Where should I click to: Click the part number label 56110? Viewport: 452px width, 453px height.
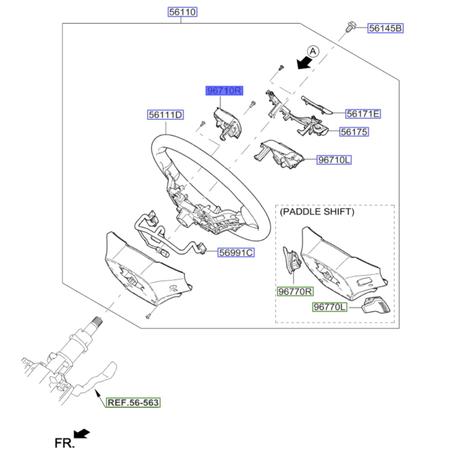[x=182, y=12]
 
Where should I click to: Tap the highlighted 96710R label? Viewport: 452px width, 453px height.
[x=224, y=91]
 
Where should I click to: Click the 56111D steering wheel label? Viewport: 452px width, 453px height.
[x=165, y=115]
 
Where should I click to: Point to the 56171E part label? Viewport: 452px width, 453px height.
[x=363, y=114]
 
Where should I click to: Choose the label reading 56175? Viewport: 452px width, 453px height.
[x=354, y=132]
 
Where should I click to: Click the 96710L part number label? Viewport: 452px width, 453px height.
[x=334, y=160]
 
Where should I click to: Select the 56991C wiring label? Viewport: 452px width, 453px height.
[x=236, y=253]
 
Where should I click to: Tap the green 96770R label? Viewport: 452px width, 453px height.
[x=295, y=292]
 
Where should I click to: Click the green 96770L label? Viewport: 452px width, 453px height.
[x=330, y=307]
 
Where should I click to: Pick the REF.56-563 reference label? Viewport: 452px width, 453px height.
[x=133, y=402]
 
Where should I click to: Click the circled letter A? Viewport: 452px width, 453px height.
[x=313, y=52]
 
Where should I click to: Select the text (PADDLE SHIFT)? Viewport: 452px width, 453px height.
[x=317, y=212]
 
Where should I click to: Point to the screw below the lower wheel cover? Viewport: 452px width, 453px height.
[x=148, y=316]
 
